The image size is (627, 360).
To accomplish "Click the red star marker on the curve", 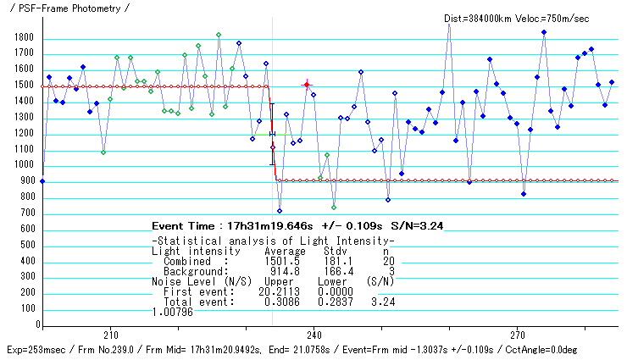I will pos(307,85).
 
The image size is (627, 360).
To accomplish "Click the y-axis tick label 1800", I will pos(23,38).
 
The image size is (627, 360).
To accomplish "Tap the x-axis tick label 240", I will pos(313,334).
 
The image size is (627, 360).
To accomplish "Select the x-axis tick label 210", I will pos(109,334).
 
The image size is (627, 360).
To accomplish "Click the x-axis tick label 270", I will pos(518,334).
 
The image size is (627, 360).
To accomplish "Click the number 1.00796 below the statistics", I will pos(173,311).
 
